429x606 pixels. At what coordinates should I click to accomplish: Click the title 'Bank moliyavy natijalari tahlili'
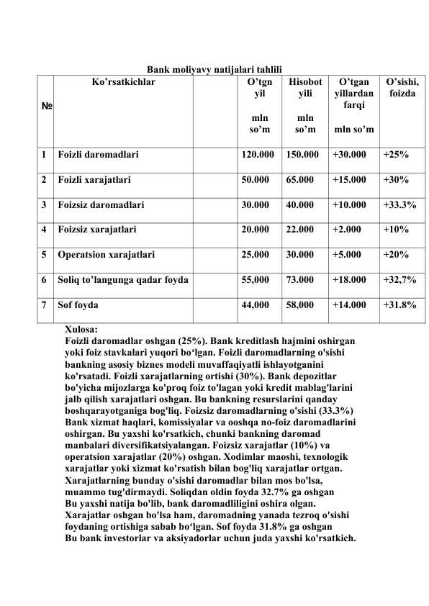point(214,69)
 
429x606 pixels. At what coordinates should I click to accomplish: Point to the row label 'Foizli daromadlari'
point(99,154)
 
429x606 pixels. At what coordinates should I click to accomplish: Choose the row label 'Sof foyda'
point(79,305)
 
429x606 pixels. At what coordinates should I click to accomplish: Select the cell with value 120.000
point(258,154)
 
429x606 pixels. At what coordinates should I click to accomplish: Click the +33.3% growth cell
point(399,204)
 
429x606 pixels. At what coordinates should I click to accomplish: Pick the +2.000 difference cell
point(346,230)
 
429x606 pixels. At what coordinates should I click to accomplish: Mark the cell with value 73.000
point(300,280)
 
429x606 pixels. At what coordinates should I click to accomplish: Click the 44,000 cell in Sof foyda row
point(256,305)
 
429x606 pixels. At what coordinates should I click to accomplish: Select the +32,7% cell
point(399,280)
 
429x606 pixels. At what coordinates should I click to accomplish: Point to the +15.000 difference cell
point(349,179)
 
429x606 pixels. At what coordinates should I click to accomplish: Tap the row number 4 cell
point(45,230)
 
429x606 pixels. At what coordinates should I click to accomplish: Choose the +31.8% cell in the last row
point(399,305)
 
